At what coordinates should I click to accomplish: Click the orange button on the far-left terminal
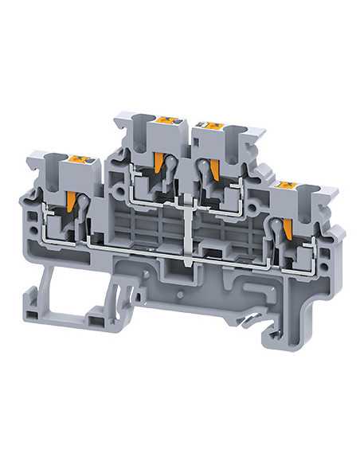click(80, 159)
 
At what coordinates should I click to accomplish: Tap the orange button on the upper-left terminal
click(166, 120)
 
